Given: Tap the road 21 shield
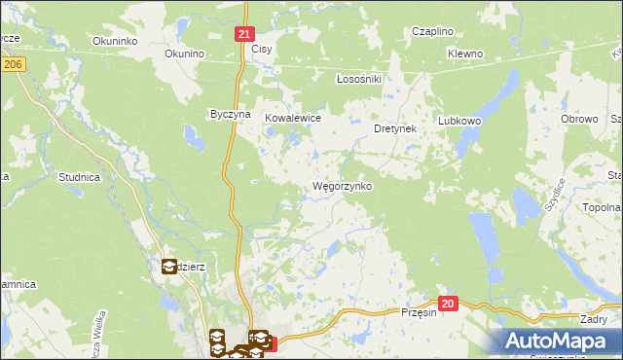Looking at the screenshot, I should point(244,33).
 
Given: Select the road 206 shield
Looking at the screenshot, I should point(12,63).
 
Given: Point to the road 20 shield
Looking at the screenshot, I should point(447,304).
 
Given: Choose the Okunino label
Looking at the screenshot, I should point(183,54).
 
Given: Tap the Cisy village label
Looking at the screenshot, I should point(262,49).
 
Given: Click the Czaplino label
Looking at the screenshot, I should point(432,31).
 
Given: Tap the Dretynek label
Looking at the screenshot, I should point(395,127).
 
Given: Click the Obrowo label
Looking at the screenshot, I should point(579,119).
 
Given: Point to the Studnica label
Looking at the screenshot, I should point(80,177).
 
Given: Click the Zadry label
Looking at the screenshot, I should point(593,319).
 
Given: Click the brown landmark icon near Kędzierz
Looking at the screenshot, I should point(168,265).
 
